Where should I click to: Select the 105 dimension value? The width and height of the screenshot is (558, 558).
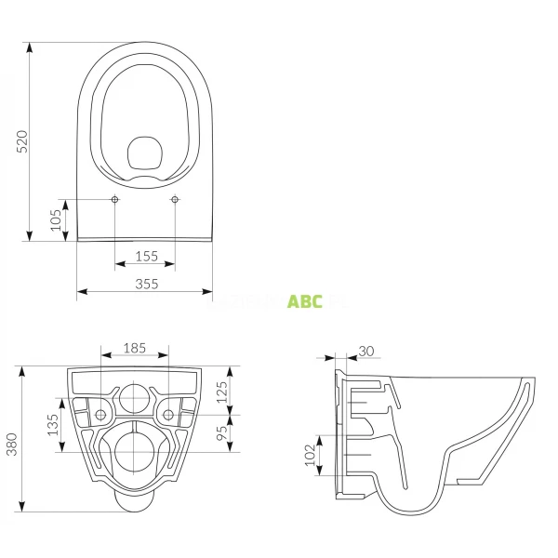pyautogui.click(x=57, y=220)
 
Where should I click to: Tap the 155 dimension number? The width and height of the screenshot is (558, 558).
pyautogui.click(x=145, y=256)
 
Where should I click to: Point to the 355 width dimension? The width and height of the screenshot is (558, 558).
pyautogui.click(x=145, y=284)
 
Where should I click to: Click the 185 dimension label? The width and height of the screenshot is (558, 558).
pyautogui.click(x=135, y=348)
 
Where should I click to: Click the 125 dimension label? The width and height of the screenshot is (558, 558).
pyautogui.click(x=220, y=390)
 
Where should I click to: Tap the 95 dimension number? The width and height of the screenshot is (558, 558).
pyautogui.click(x=220, y=433)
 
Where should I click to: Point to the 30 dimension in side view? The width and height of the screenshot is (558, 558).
pyautogui.click(x=365, y=351)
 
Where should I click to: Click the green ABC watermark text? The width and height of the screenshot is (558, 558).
pyautogui.click(x=305, y=302)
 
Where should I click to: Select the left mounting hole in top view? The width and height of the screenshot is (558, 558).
pyautogui.click(x=114, y=200)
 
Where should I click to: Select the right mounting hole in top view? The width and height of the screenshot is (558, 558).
pyautogui.click(x=175, y=200)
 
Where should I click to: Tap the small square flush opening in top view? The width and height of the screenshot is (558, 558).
pyautogui.click(x=144, y=153)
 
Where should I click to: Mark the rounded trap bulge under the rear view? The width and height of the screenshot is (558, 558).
pyautogui.click(x=136, y=502)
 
